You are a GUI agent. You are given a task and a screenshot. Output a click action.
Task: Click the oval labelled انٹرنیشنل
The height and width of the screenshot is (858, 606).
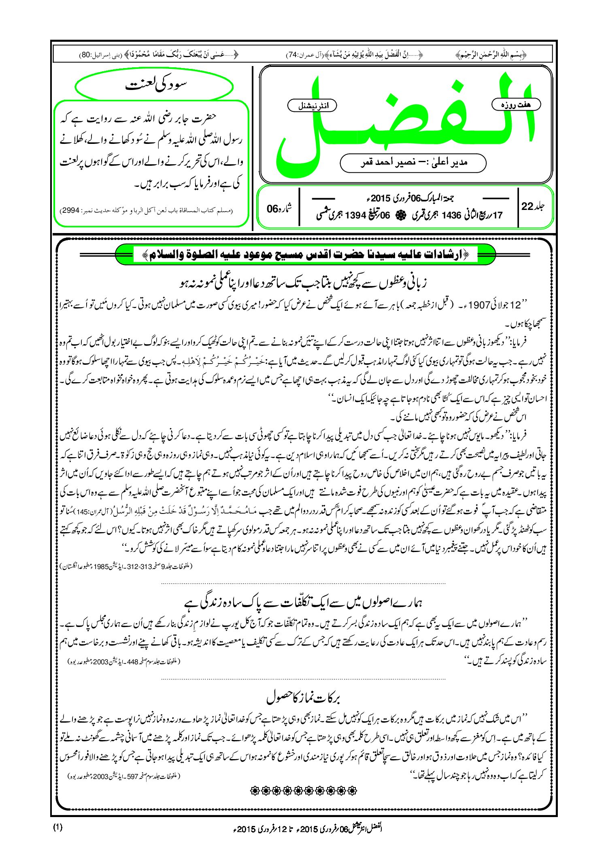312,106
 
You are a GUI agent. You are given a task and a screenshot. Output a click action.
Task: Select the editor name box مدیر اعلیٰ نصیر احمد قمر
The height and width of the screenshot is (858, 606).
413,163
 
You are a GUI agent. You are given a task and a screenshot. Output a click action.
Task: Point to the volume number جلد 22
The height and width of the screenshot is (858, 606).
533,206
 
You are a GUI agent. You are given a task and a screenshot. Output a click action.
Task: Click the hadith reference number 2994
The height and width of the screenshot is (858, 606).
70,211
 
